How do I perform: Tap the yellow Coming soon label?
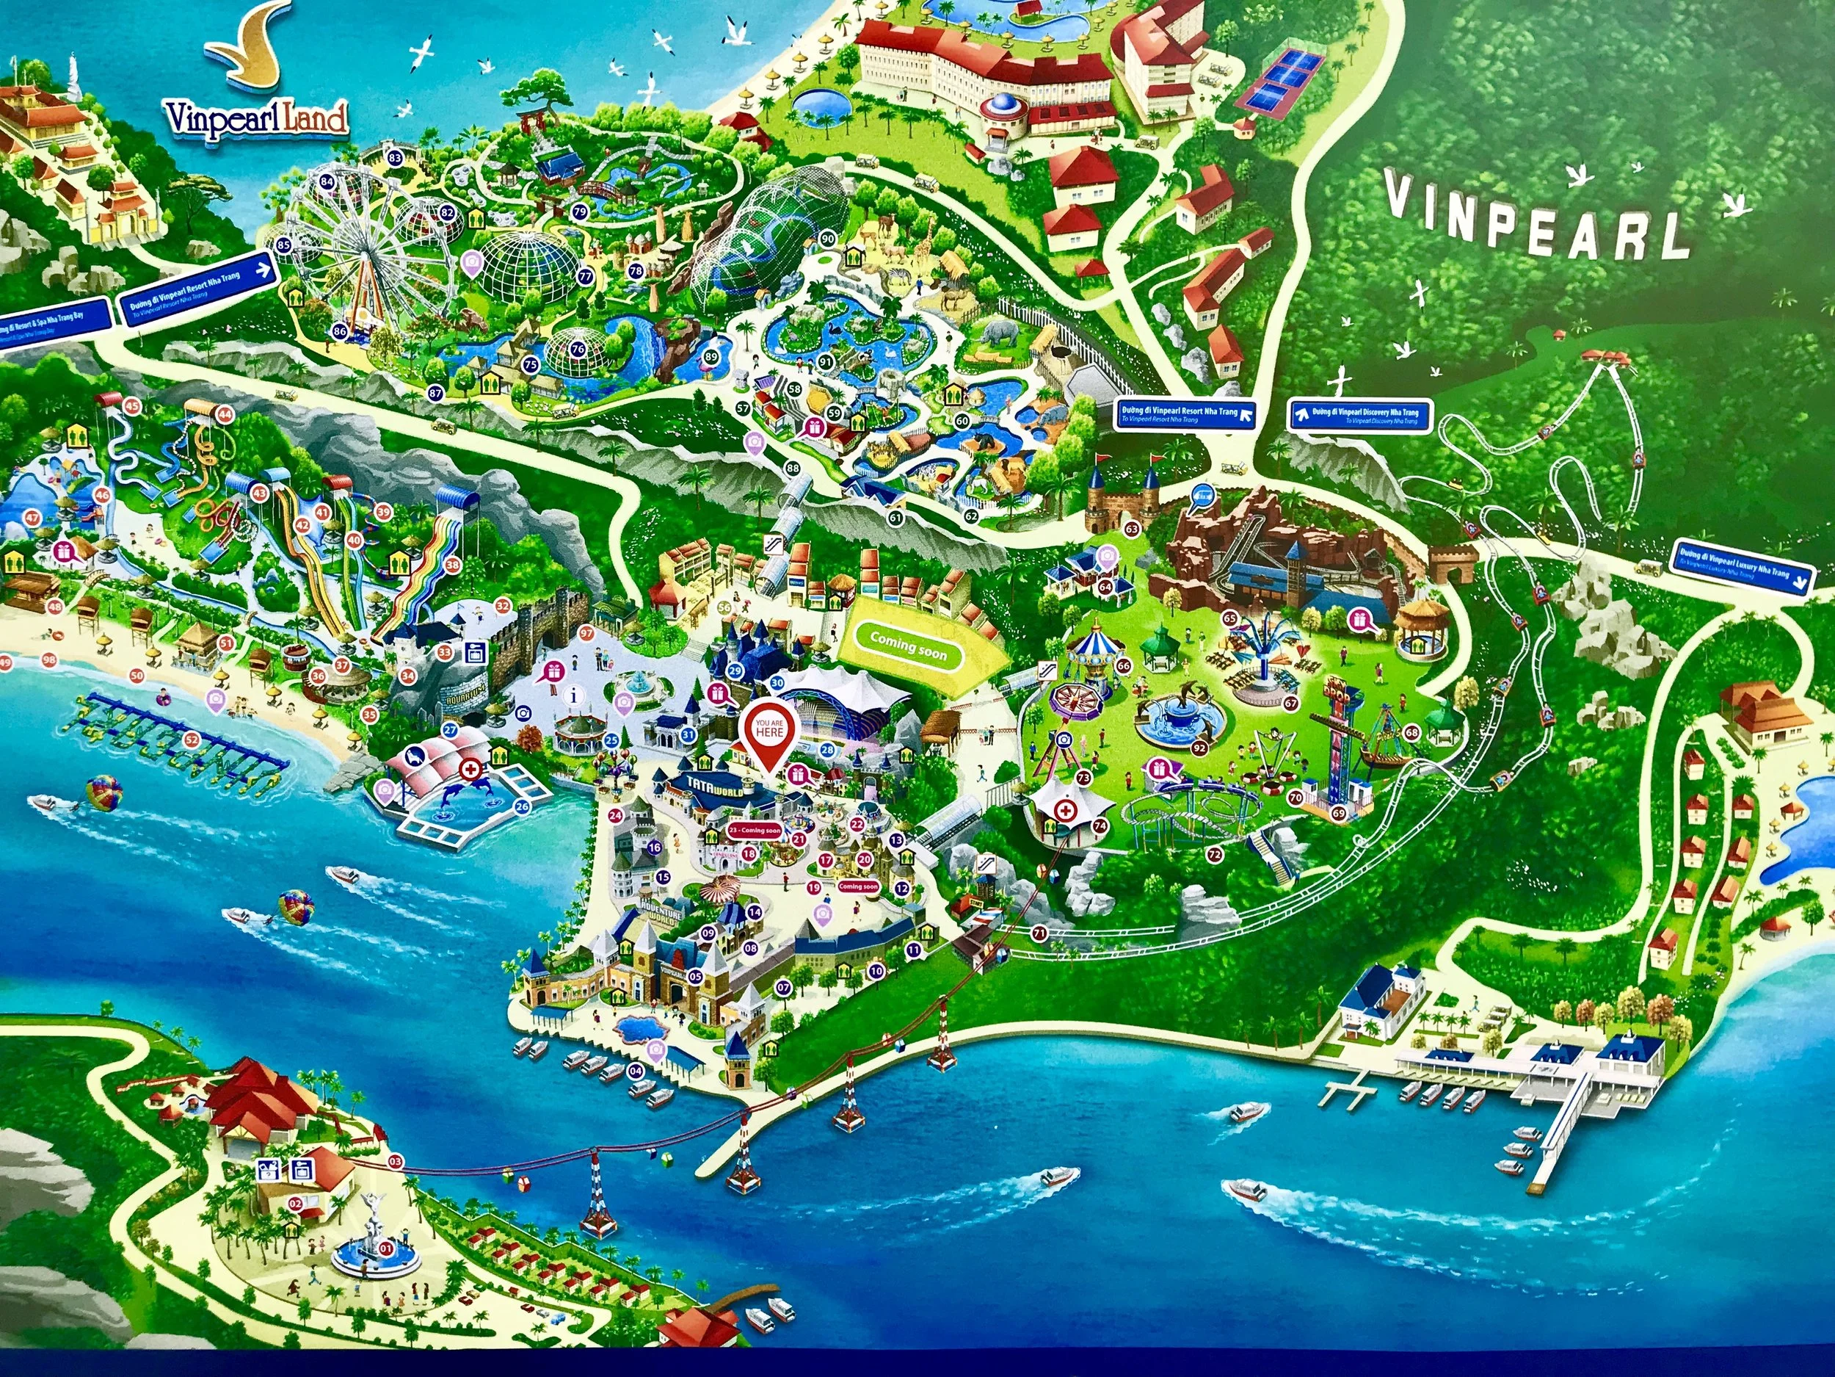click(909, 646)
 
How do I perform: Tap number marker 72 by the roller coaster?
click(1215, 853)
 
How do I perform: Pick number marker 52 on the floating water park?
click(192, 738)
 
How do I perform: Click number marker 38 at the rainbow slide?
click(453, 566)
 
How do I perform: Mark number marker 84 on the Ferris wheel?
click(327, 181)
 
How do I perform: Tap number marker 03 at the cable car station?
click(395, 1161)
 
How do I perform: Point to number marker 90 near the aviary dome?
click(827, 239)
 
